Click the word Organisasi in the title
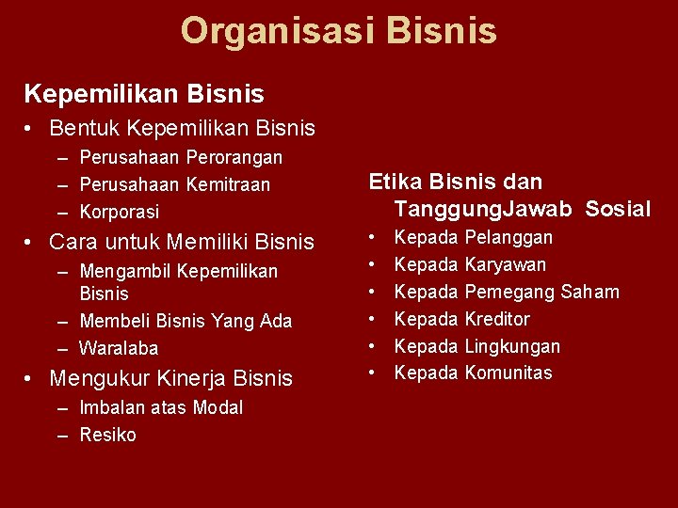(x=266, y=31)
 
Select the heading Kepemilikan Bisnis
(x=144, y=94)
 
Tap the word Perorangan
(x=234, y=158)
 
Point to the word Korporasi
(x=120, y=213)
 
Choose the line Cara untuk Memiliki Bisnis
(x=181, y=243)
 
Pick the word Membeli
(x=112, y=322)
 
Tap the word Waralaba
(x=119, y=349)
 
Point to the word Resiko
(x=107, y=435)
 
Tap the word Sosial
(x=617, y=209)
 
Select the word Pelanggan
(x=508, y=238)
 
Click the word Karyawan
(x=505, y=265)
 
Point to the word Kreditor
(x=497, y=319)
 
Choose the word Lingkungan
(x=512, y=347)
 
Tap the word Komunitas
(x=508, y=373)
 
